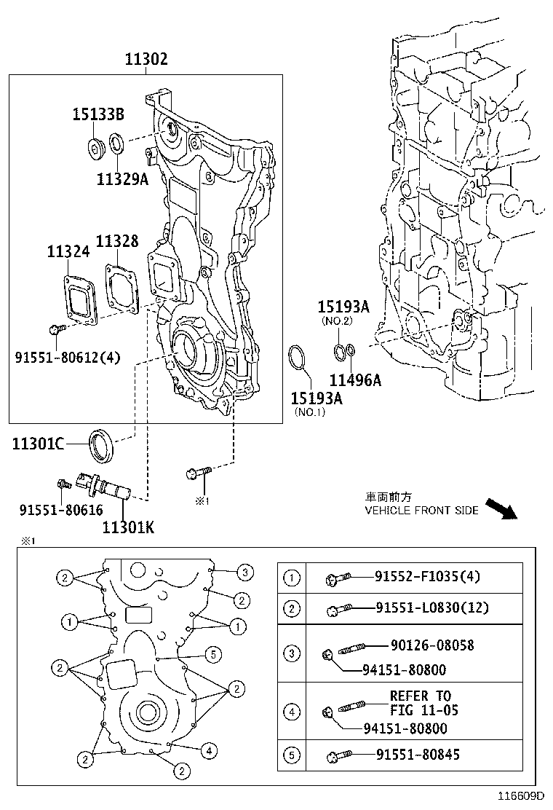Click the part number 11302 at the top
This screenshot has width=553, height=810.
(146, 59)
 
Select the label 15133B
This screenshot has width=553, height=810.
(98, 114)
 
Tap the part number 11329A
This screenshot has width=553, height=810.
(122, 178)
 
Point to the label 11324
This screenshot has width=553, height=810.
(68, 251)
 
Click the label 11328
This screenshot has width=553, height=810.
(117, 241)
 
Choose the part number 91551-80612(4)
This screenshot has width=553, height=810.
(68, 357)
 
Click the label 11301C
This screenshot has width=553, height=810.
(38, 444)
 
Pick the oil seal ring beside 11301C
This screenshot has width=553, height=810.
(101, 445)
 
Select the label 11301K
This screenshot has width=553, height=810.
(128, 527)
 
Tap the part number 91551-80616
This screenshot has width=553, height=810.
(61, 510)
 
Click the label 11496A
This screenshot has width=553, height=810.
(355, 380)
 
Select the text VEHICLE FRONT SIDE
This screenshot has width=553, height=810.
(421, 511)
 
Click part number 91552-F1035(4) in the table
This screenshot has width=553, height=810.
(427, 578)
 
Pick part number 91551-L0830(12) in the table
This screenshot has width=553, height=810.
(432, 607)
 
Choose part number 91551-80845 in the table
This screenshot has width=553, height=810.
(418, 755)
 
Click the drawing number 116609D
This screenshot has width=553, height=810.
(521, 797)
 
